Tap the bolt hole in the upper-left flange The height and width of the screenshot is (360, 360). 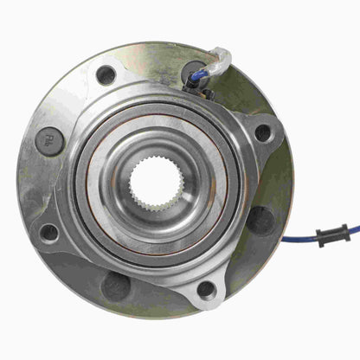pyautogui.click(x=106, y=75)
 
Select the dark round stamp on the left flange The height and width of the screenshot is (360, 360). pyautogui.click(x=49, y=141)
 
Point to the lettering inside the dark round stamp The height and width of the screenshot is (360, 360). pyautogui.click(x=49, y=141)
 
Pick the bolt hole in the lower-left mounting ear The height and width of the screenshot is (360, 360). pyautogui.click(x=49, y=233)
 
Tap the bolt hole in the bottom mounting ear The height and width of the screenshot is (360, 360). pyautogui.click(x=206, y=289)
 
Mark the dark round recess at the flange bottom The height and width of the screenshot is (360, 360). pyautogui.click(x=116, y=285)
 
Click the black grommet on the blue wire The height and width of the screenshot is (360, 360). pyautogui.click(x=331, y=234)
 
